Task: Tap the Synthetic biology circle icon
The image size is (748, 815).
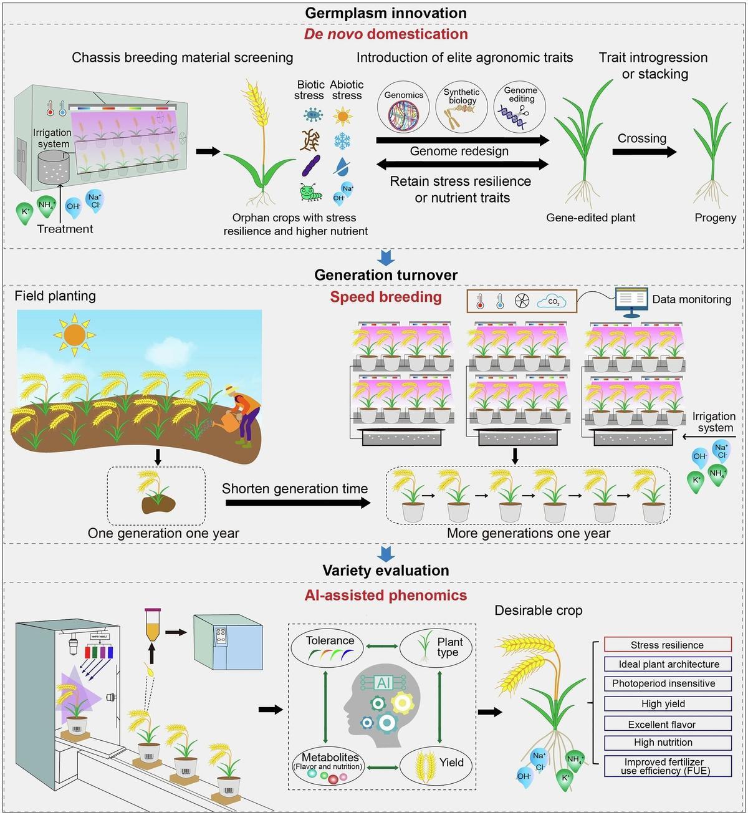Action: [x=462, y=108]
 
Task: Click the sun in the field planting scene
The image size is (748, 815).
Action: [x=74, y=335]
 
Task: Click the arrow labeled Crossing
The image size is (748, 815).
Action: [x=644, y=152]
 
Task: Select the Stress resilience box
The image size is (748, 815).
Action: [x=668, y=645]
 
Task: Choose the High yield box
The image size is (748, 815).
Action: [x=668, y=703]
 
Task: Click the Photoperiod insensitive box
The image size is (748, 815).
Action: [x=668, y=683]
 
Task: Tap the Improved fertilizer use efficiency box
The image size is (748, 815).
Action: [x=668, y=766]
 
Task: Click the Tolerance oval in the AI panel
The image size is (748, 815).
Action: [x=330, y=647]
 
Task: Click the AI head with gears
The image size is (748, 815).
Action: [x=382, y=705]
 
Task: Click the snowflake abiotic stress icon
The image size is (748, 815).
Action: [x=342, y=140]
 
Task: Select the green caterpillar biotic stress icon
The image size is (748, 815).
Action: [x=310, y=191]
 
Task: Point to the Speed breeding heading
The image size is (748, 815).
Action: [x=386, y=297]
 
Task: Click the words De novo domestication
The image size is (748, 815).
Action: [x=386, y=34]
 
